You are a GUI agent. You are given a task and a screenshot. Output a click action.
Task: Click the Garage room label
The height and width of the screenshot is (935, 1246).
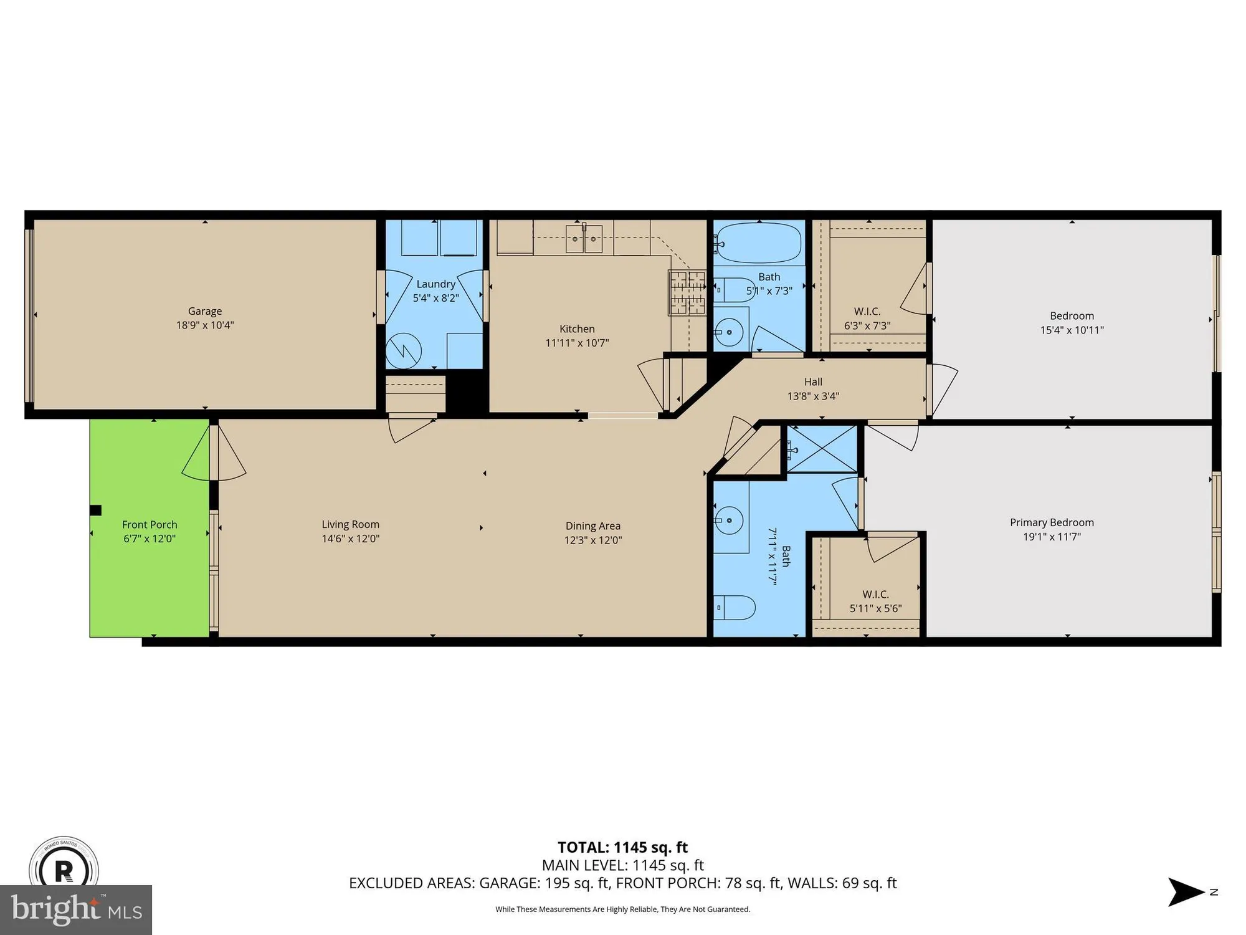pyautogui.click(x=204, y=311)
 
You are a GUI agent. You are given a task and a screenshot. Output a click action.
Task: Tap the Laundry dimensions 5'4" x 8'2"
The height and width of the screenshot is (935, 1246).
pyautogui.click(x=435, y=298)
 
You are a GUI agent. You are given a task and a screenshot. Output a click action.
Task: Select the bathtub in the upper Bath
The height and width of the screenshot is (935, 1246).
pyautogui.click(x=759, y=243)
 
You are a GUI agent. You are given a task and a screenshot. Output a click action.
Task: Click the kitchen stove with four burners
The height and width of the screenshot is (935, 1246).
pyautogui.click(x=687, y=293)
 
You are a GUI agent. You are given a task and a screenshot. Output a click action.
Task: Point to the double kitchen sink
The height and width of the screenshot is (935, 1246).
pyautogui.click(x=584, y=238)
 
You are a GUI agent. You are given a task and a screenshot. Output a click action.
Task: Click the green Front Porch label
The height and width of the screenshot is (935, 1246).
pyautogui.click(x=150, y=525)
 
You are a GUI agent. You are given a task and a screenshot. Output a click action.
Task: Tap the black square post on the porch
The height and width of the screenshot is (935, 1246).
pyautogui.click(x=95, y=511)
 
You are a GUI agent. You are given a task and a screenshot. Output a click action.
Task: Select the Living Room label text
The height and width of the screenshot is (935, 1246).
pyautogui.click(x=350, y=525)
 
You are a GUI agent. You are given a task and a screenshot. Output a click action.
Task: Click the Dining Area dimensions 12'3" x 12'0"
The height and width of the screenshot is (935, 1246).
pyautogui.click(x=592, y=540)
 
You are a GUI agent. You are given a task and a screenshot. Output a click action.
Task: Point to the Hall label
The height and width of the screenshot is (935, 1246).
pyautogui.click(x=813, y=382)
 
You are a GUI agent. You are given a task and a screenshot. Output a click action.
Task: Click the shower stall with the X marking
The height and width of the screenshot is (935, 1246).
pyautogui.click(x=822, y=448)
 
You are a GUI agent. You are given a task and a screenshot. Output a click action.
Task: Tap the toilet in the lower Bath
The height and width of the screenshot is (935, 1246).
pyautogui.click(x=735, y=607)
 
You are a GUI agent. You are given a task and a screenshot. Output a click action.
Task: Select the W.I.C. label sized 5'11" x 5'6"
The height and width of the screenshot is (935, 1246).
pyautogui.click(x=875, y=595)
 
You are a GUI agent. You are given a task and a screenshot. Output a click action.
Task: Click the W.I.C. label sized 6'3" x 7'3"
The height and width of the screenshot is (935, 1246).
pyautogui.click(x=867, y=312)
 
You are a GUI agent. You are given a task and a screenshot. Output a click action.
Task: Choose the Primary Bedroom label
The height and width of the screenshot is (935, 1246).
pyautogui.click(x=1052, y=522)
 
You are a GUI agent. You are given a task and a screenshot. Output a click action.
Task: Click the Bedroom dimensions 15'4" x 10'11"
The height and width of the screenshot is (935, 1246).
pyautogui.click(x=1072, y=330)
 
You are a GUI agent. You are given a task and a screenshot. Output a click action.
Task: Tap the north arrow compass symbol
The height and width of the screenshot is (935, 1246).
pyautogui.click(x=1187, y=892)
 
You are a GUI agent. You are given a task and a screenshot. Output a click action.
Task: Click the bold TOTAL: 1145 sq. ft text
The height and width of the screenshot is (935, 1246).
pyautogui.click(x=622, y=847)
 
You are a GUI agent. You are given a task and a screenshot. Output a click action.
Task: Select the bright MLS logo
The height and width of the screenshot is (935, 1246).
pyautogui.click(x=76, y=909)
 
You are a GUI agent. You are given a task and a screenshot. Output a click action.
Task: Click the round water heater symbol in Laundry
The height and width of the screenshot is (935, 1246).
pyautogui.click(x=403, y=351)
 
